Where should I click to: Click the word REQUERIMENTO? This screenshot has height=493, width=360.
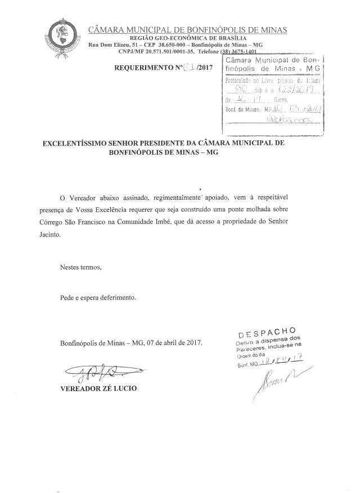pos(140,67)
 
